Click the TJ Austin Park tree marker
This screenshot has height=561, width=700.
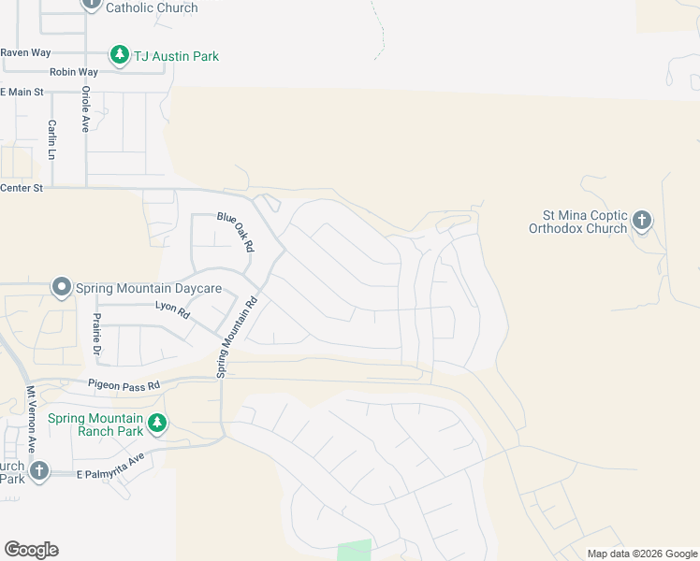click(119, 55)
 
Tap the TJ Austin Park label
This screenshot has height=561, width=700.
click(176, 56)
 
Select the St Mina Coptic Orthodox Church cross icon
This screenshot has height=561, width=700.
click(641, 221)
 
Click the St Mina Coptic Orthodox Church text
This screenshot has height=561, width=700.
click(577, 221)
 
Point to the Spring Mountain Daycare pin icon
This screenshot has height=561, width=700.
click(62, 287)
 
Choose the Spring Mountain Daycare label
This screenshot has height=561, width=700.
click(149, 288)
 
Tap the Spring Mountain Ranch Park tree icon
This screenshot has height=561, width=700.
click(157, 424)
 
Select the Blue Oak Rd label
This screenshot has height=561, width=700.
click(236, 231)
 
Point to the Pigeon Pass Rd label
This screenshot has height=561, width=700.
click(124, 383)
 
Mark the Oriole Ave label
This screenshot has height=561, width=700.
click(85, 108)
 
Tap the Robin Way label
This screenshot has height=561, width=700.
click(74, 72)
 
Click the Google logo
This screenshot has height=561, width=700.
click(31, 550)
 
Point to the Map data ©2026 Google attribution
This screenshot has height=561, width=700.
click(643, 554)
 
